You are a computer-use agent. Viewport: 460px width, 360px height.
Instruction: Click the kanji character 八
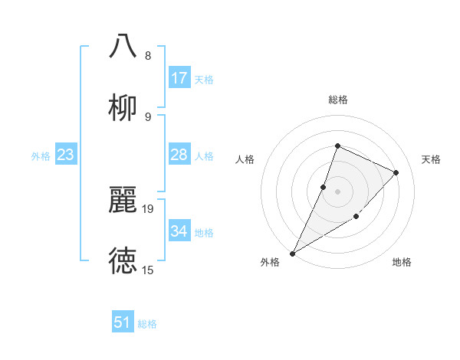(x=123, y=46)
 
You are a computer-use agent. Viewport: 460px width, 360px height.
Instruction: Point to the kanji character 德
(x=123, y=261)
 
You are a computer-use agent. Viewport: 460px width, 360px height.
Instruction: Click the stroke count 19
(x=148, y=208)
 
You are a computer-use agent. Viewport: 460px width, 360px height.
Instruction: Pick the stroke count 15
(x=148, y=270)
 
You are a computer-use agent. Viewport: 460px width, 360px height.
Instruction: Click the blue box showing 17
(x=179, y=78)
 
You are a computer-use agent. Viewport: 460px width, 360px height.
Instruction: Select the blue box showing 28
(x=179, y=155)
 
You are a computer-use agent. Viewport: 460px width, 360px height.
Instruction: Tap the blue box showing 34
(x=179, y=231)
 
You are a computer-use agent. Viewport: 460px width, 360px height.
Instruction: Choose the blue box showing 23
(x=66, y=155)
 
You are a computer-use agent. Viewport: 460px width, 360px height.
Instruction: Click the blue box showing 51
(x=123, y=322)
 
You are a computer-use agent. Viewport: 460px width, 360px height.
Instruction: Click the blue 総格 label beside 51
(x=147, y=324)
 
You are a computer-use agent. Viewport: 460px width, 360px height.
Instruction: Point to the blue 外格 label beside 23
(x=41, y=156)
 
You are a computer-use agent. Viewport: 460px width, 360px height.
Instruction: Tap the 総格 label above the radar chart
(x=337, y=100)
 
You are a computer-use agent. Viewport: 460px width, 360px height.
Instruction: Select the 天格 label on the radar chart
(x=432, y=159)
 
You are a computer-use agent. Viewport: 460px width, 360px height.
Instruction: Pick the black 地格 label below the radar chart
(x=402, y=262)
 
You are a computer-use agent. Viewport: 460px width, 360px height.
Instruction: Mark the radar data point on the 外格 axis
(x=293, y=253)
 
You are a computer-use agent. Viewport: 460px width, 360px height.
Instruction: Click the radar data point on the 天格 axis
(x=396, y=172)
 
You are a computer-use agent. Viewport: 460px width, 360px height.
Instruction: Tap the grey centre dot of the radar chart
(x=337, y=191)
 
